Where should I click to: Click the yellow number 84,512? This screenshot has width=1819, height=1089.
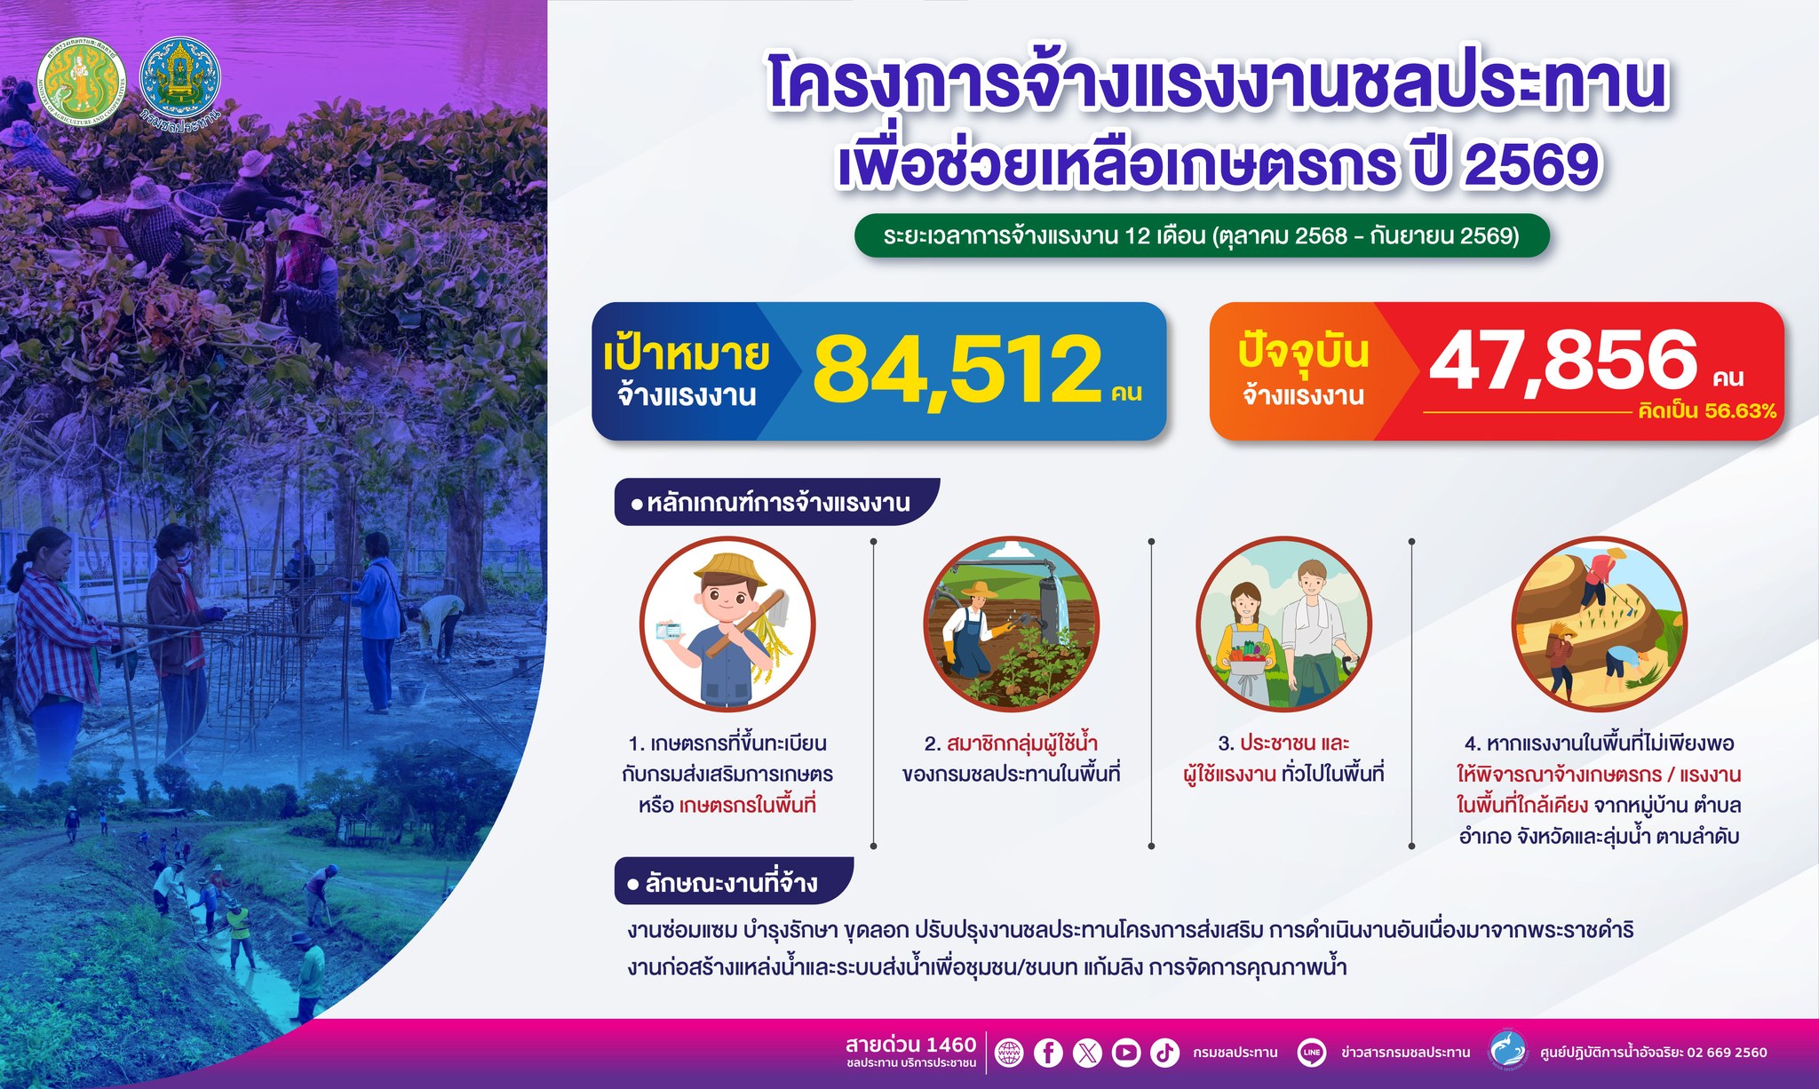[957, 369]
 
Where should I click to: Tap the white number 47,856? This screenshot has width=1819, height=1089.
[1563, 360]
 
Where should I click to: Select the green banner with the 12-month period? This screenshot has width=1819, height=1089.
[1202, 236]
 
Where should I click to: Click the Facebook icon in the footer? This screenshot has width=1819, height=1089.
[1048, 1053]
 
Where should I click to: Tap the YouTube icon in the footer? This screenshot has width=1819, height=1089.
[1126, 1053]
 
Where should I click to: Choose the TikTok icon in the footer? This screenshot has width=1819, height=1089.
[1165, 1053]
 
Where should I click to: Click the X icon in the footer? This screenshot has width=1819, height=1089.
[1087, 1053]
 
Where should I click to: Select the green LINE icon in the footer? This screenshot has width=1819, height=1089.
[1312, 1053]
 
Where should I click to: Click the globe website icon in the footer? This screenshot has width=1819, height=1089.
[1009, 1053]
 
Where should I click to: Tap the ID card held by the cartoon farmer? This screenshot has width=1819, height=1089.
[668, 631]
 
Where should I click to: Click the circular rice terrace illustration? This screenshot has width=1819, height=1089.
[1599, 624]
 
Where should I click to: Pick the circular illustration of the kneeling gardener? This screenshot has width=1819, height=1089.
[1012, 624]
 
